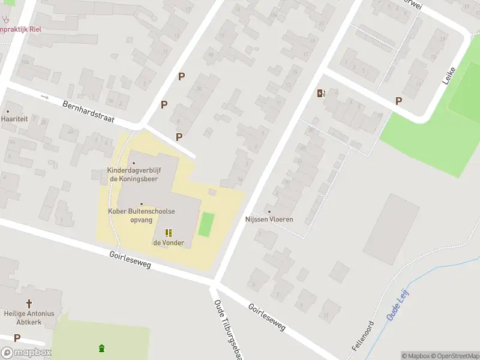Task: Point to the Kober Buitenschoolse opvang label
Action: (x=142, y=215)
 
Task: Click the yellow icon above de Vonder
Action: (x=169, y=233)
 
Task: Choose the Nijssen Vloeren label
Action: (x=269, y=219)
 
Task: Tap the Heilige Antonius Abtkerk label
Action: (x=29, y=317)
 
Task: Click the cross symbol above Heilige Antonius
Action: (x=29, y=304)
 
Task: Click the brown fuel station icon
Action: (x=320, y=93)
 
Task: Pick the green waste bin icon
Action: (x=101, y=348)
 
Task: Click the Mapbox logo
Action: (x=26, y=353)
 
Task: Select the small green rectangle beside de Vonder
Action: (x=206, y=224)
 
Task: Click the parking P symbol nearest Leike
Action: (x=398, y=101)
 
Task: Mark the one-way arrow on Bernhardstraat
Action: (x=44, y=97)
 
